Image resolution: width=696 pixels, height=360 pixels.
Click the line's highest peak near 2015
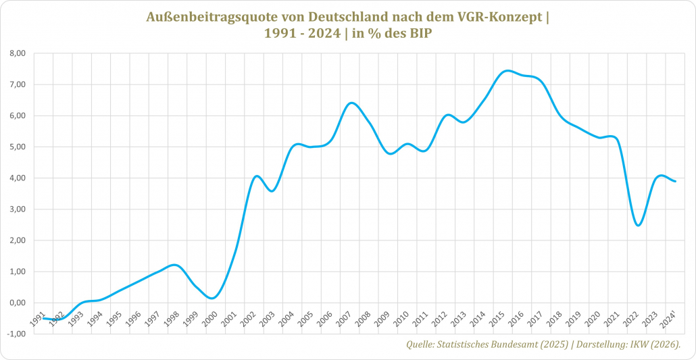pyautogui.click(x=508, y=70)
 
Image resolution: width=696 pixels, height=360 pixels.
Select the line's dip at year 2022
pyautogui.click(x=639, y=225)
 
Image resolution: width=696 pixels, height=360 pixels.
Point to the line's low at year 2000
pyautogui.click(x=212, y=298)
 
